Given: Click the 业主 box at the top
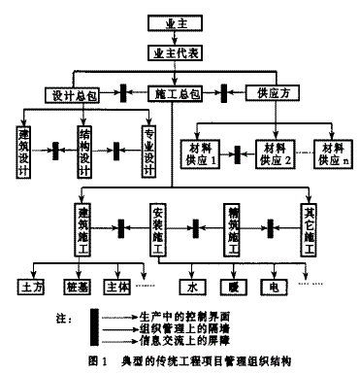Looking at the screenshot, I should point(175,20).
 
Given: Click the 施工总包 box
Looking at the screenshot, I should point(177,94).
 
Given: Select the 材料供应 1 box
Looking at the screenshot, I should point(202,153).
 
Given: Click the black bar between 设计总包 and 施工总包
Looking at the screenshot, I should point(124,94).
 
